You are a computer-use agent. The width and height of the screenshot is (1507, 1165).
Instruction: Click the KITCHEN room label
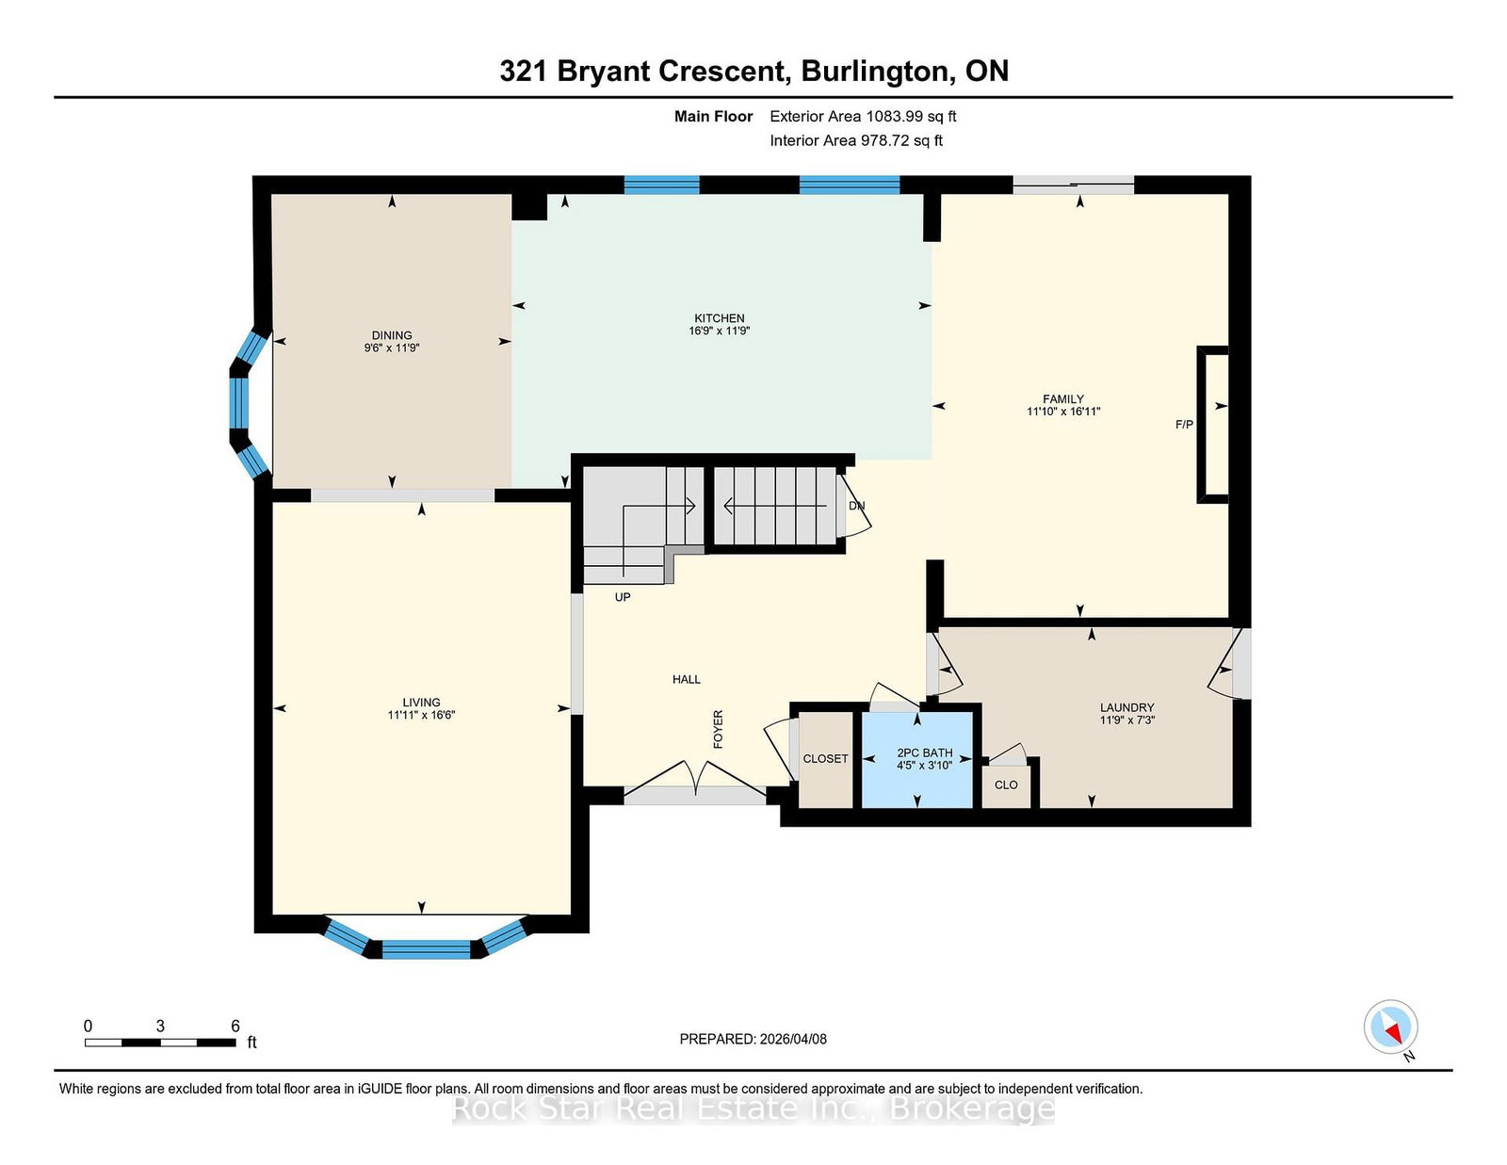(720, 318)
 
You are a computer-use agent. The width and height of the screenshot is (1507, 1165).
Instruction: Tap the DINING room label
(392, 335)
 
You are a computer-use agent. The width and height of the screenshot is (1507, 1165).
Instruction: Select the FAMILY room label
(1063, 398)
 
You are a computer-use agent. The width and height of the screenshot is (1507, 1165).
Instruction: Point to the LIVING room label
(421, 703)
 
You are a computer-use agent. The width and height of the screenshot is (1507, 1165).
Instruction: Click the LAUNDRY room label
(1127, 708)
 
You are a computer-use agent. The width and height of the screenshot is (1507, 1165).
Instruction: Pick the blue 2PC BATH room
(916, 760)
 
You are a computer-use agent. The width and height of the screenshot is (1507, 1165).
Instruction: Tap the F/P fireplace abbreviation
(1184, 425)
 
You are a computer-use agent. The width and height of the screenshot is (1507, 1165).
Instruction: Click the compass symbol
(1390, 1027)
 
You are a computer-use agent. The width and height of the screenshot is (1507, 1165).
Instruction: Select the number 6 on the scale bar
(235, 1027)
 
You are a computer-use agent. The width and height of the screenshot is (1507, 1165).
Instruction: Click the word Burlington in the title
(875, 72)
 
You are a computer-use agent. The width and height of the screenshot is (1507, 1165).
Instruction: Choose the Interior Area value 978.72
(885, 140)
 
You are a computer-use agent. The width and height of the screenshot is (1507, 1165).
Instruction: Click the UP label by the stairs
(622, 597)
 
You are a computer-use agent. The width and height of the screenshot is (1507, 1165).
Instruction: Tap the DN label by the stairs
(856, 507)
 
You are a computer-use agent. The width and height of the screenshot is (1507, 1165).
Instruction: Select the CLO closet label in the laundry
(1006, 785)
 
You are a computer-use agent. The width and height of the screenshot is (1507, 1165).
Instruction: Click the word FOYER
(719, 729)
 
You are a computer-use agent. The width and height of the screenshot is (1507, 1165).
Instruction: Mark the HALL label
(686, 680)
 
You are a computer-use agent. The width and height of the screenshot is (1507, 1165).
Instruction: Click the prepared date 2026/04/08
(793, 1040)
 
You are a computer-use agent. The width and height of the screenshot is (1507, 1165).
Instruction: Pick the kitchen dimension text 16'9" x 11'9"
(720, 331)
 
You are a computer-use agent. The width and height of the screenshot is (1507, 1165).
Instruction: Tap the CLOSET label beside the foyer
(825, 759)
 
